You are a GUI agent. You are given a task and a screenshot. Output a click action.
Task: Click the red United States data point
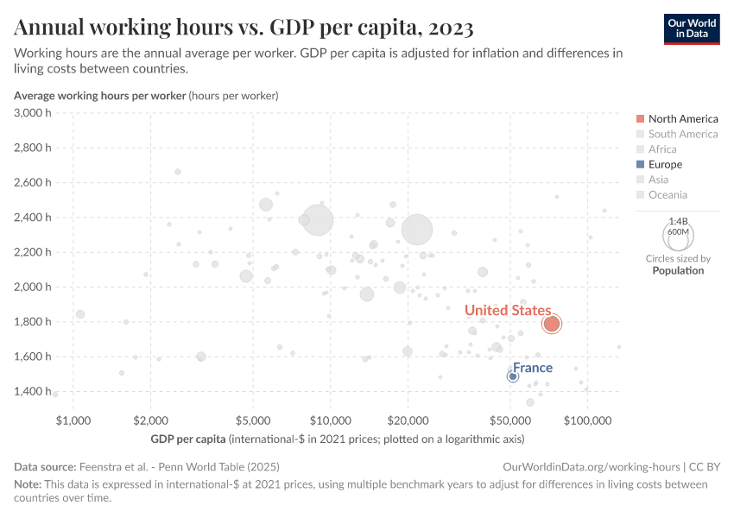(552, 324)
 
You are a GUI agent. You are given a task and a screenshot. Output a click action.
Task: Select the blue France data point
(513, 376)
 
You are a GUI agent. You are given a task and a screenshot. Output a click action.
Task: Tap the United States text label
(507, 310)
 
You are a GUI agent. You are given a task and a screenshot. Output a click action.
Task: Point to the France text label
(532, 368)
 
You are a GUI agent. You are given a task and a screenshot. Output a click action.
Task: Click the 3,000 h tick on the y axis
(34, 113)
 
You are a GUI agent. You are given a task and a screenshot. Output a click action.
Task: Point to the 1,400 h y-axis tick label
(34, 391)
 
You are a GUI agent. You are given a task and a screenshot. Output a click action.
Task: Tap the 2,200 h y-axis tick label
(34, 252)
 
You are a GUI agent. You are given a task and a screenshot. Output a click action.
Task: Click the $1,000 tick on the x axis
(73, 420)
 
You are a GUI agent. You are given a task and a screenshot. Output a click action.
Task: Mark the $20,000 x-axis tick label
(408, 420)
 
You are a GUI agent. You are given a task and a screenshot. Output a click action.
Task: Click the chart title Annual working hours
(244, 28)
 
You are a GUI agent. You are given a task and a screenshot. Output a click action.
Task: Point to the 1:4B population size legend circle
(678, 232)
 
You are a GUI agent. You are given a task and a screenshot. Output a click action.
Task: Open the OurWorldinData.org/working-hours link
(592, 466)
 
